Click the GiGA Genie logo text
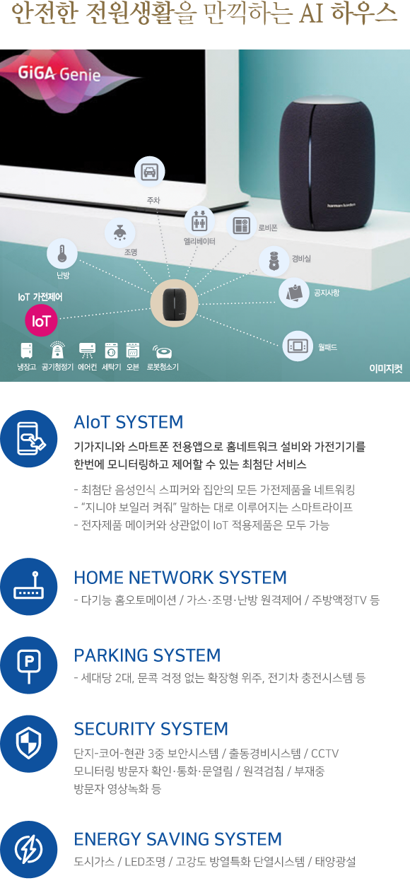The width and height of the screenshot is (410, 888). [x=59, y=74]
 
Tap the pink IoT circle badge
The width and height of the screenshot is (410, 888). [x=41, y=320]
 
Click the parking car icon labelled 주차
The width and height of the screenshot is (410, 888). [x=149, y=172]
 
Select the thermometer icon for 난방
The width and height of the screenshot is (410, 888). [x=62, y=254]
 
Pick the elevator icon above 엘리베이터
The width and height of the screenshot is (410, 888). [x=199, y=221]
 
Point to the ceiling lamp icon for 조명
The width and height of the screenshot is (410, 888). [x=119, y=233]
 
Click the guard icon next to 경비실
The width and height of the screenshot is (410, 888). [x=274, y=261]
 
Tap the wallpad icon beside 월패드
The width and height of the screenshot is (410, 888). [x=298, y=346]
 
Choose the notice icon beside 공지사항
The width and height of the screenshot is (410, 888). [x=294, y=293]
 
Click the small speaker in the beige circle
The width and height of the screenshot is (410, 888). [x=175, y=303]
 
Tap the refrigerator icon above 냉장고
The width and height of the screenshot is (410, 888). [x=26, y=351]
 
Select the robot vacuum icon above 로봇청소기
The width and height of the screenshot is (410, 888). [x=162, y=351]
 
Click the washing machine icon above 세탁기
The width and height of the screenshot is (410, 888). [x=112, y=351]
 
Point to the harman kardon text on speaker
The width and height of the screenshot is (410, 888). [x=341, y=205]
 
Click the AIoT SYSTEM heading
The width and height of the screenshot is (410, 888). [x=129, y=422]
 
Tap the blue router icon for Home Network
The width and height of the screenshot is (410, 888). [x=28, y=586]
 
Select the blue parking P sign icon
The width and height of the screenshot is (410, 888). [x=28, y=665]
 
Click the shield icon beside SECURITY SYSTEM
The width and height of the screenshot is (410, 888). [x=28, y=743]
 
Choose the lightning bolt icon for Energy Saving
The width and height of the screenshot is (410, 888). [x=28, y=849]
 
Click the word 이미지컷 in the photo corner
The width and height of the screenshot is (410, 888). [x=386, y=368]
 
